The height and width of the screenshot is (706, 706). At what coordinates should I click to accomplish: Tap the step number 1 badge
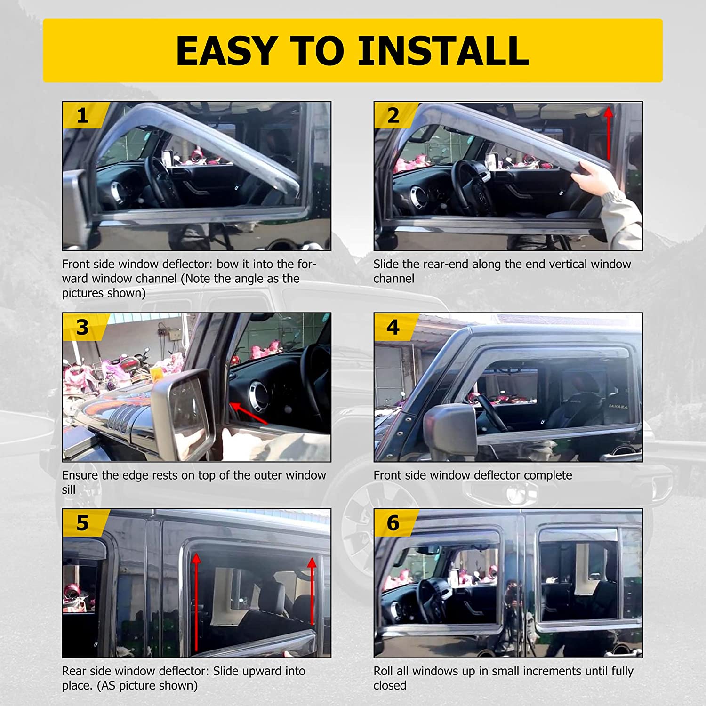point(84,115)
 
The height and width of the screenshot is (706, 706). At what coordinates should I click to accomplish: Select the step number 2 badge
point(394,115)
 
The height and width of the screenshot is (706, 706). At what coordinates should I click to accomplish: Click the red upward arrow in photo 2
point(609,133)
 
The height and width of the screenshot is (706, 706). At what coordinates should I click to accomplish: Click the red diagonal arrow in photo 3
point(248,413)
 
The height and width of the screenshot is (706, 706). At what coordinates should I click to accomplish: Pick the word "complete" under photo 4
point(548,476)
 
